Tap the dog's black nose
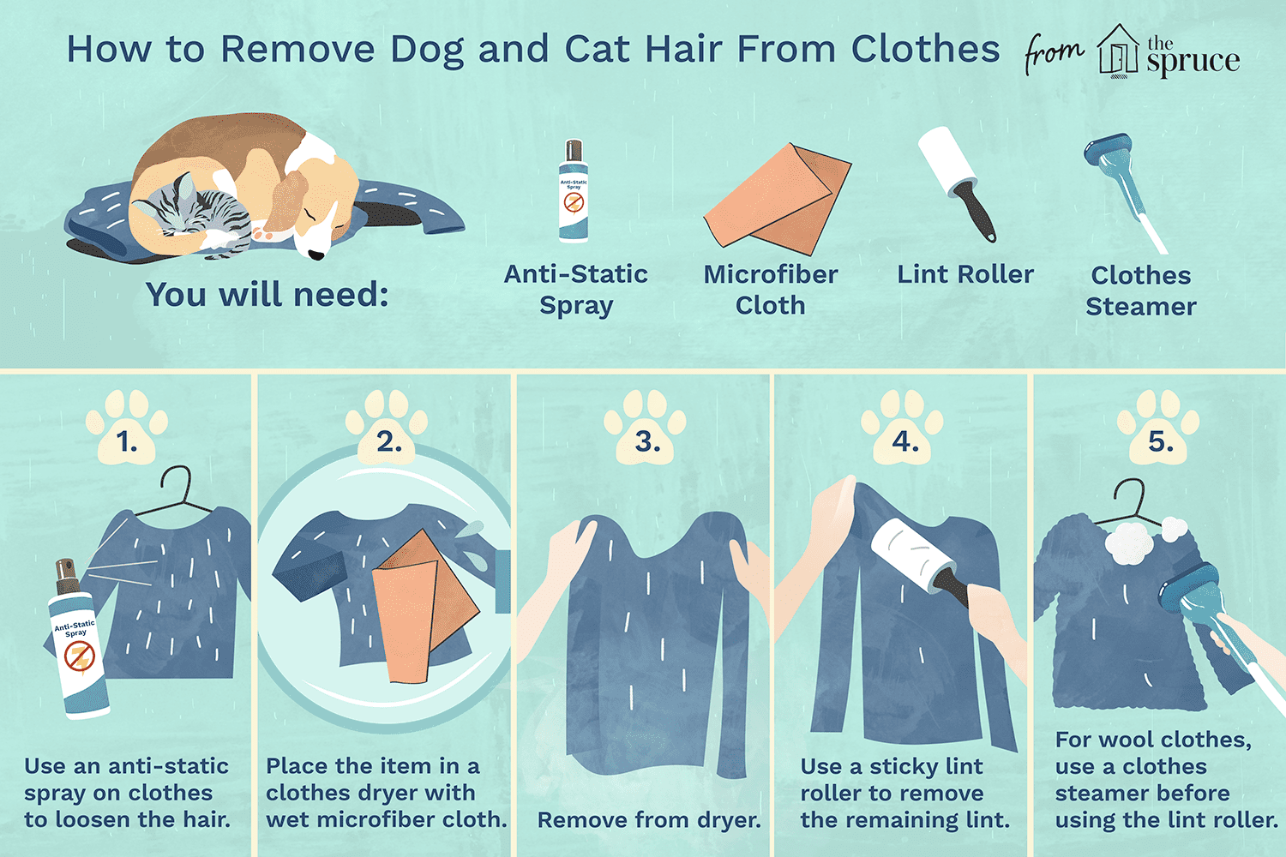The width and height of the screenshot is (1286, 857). coord(317,255)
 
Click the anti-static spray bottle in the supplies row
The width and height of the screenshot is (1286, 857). coord(574,192)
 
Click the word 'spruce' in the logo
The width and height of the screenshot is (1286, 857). coord(1193,61)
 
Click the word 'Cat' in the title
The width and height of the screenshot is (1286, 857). coord(597,49)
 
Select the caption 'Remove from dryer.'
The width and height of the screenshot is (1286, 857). coord(649,820)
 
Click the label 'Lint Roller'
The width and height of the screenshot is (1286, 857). coord(965,274)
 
